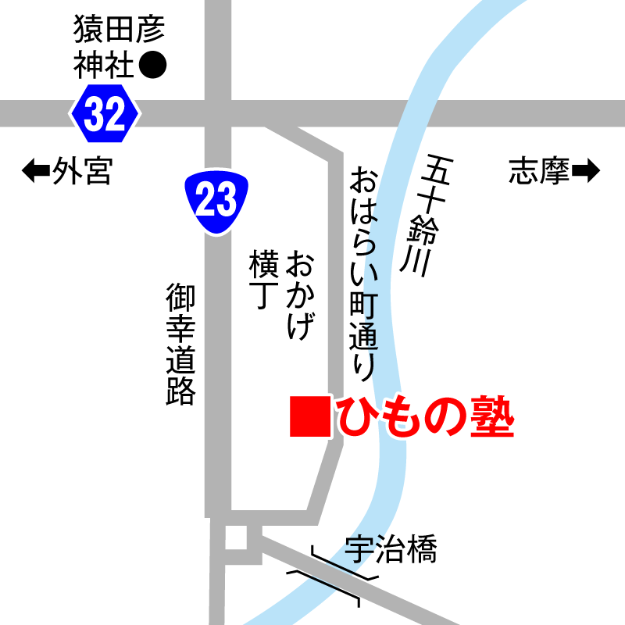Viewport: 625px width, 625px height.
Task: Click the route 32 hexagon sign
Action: (x=105, y=116)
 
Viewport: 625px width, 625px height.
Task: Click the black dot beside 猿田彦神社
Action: (x=153, y=66)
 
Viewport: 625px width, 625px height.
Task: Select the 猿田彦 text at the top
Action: (x=120, y=30)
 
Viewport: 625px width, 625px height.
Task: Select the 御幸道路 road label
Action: (x=180, y=344)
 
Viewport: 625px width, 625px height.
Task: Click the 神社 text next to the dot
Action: (x=105, y=66)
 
